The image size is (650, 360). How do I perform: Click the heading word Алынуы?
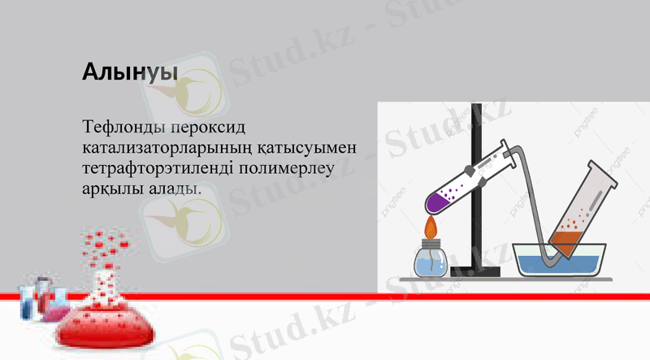(130, 72)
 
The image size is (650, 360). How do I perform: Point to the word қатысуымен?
(311, 149)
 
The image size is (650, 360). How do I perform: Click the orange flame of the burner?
(431, 221)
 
